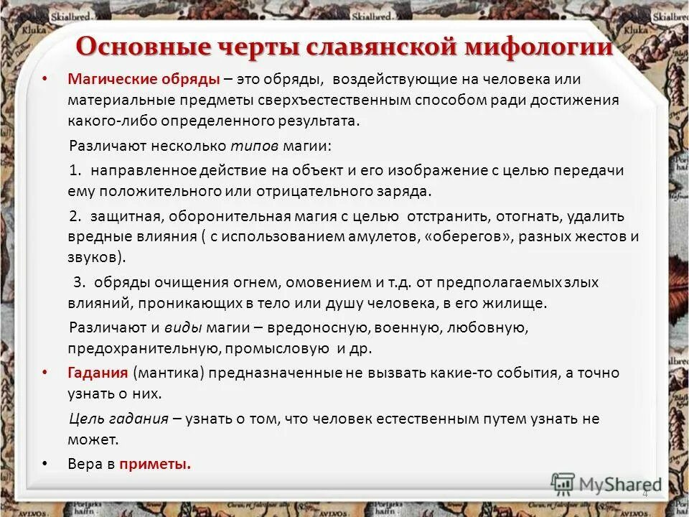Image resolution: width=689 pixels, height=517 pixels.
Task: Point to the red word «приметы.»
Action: [155, 464]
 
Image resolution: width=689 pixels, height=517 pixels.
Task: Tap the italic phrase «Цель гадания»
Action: [118, 419]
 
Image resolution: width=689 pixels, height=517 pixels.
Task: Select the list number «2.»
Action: [77, 216]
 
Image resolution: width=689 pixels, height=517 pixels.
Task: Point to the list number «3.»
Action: [80, 282]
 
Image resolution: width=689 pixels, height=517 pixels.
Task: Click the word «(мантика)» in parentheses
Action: [163, 373]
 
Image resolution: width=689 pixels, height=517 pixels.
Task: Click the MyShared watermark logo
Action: [606, 484]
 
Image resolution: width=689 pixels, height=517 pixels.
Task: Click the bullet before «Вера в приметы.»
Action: [46, 464]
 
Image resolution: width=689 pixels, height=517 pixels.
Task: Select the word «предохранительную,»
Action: [144, 349]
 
